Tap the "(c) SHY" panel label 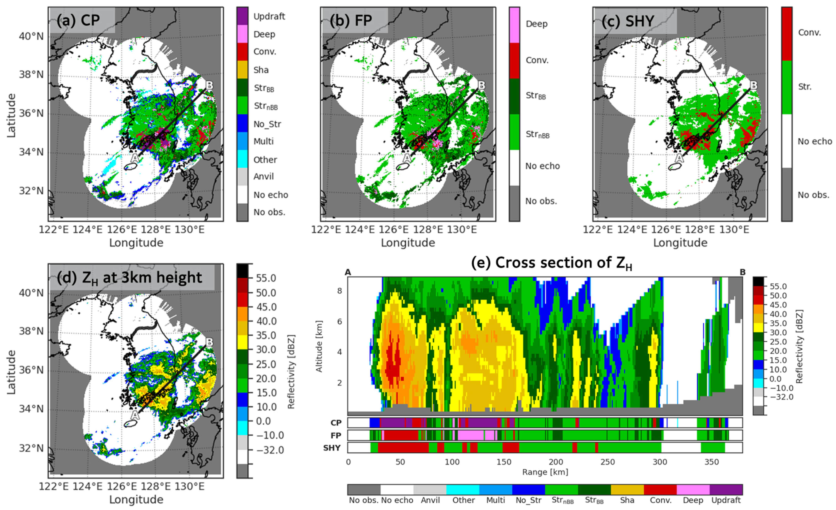tap(628, 21)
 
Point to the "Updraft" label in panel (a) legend tap(269, 16)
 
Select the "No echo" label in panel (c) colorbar tap(815, 141)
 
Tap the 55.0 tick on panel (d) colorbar tap(266, 278)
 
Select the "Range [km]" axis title tap(545, 472)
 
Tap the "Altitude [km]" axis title tap(319, 346)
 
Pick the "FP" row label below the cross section tap(336, 435)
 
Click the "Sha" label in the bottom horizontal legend tap(627, 500)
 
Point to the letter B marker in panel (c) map tap(753, 85)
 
